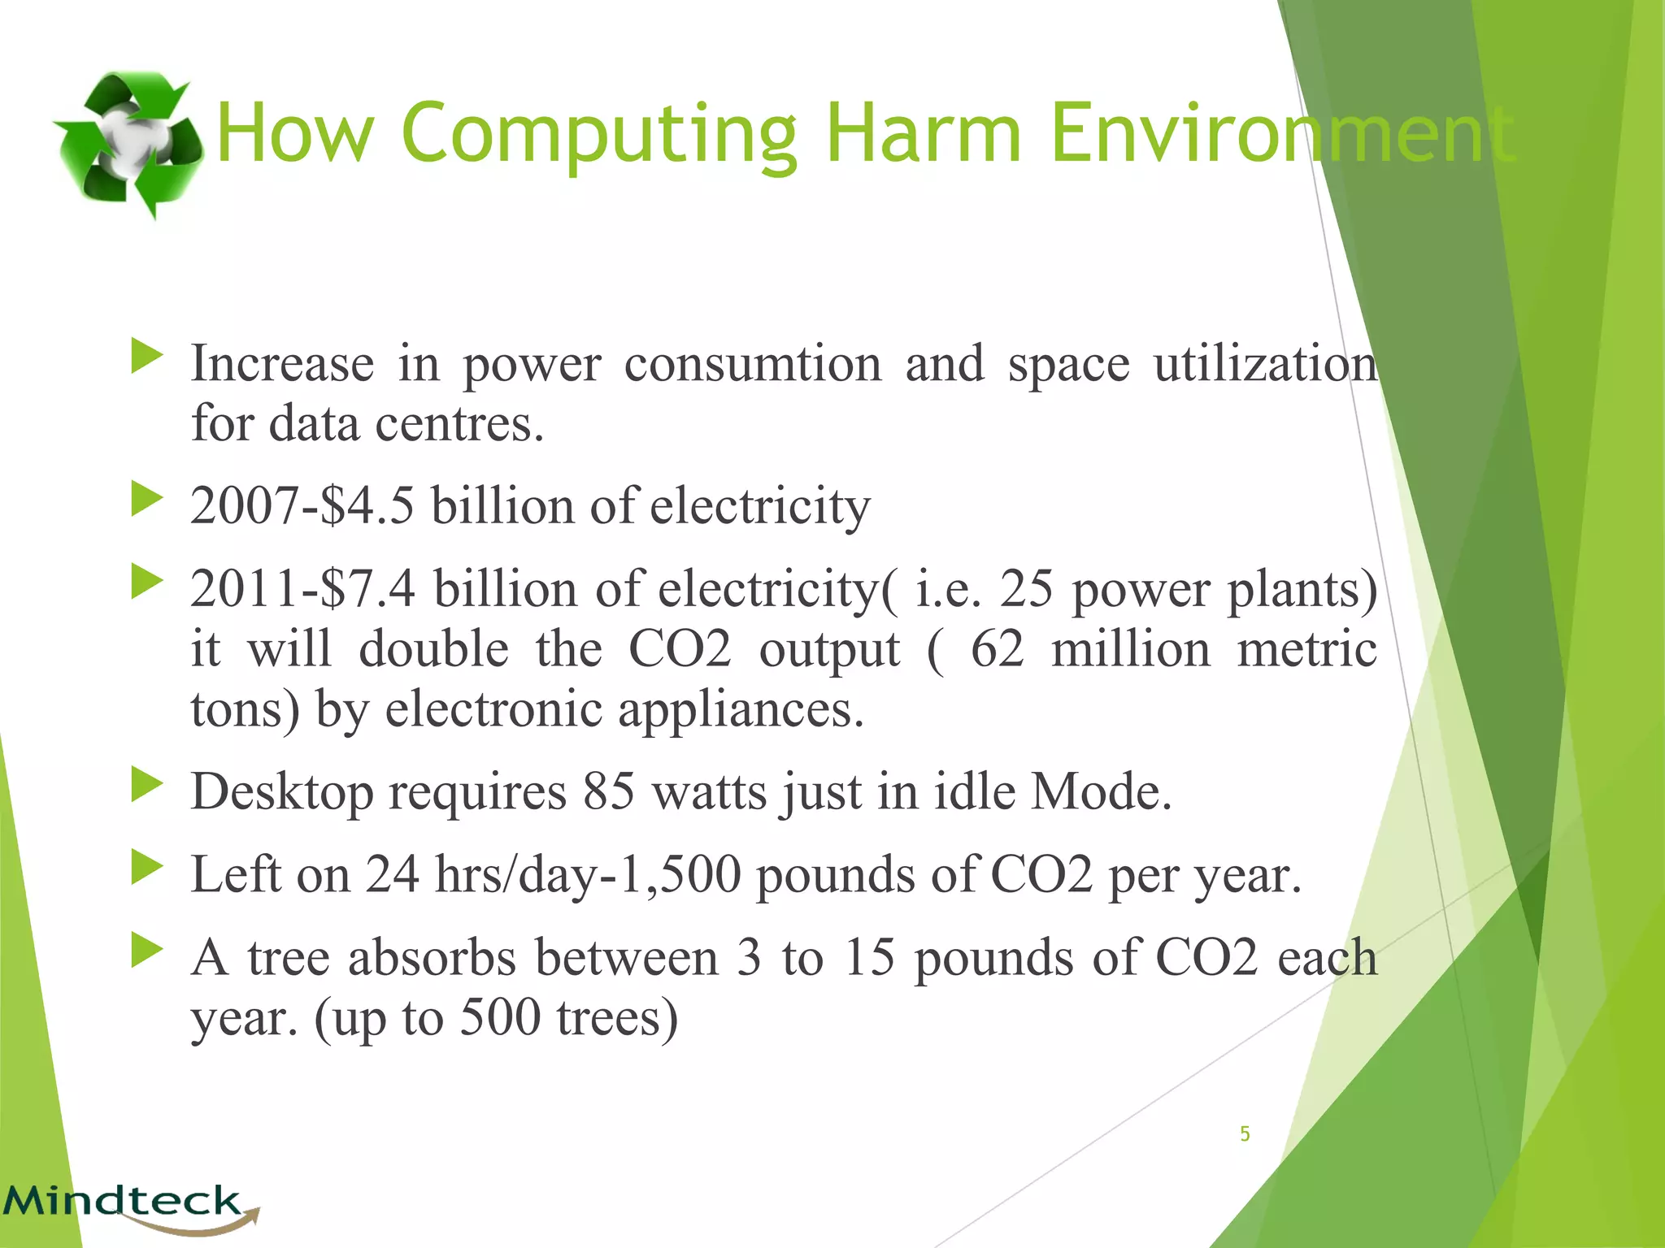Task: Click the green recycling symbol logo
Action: [128, 144]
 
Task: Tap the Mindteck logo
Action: [130, 1204]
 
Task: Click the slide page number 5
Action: [1245, 1133]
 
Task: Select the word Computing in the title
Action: [599, 134]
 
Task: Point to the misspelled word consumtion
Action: [752, 364]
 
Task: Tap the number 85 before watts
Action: [609, 791]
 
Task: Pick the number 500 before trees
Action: [500, 1017]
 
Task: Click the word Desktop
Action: [281, 793]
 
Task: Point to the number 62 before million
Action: [997, 650]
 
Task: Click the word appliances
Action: [740, 710]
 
